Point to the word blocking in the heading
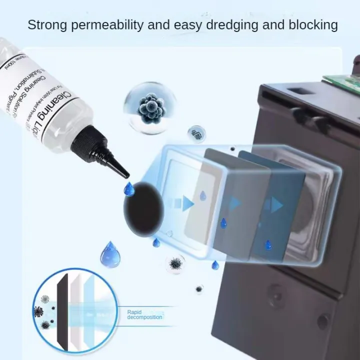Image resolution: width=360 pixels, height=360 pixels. tap(313, 24)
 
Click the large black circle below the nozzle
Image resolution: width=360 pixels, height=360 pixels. tap(143, 208)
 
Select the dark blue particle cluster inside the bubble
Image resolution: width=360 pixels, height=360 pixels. tap(151, 106)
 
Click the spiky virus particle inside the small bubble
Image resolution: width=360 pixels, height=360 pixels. tap(175, 263)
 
